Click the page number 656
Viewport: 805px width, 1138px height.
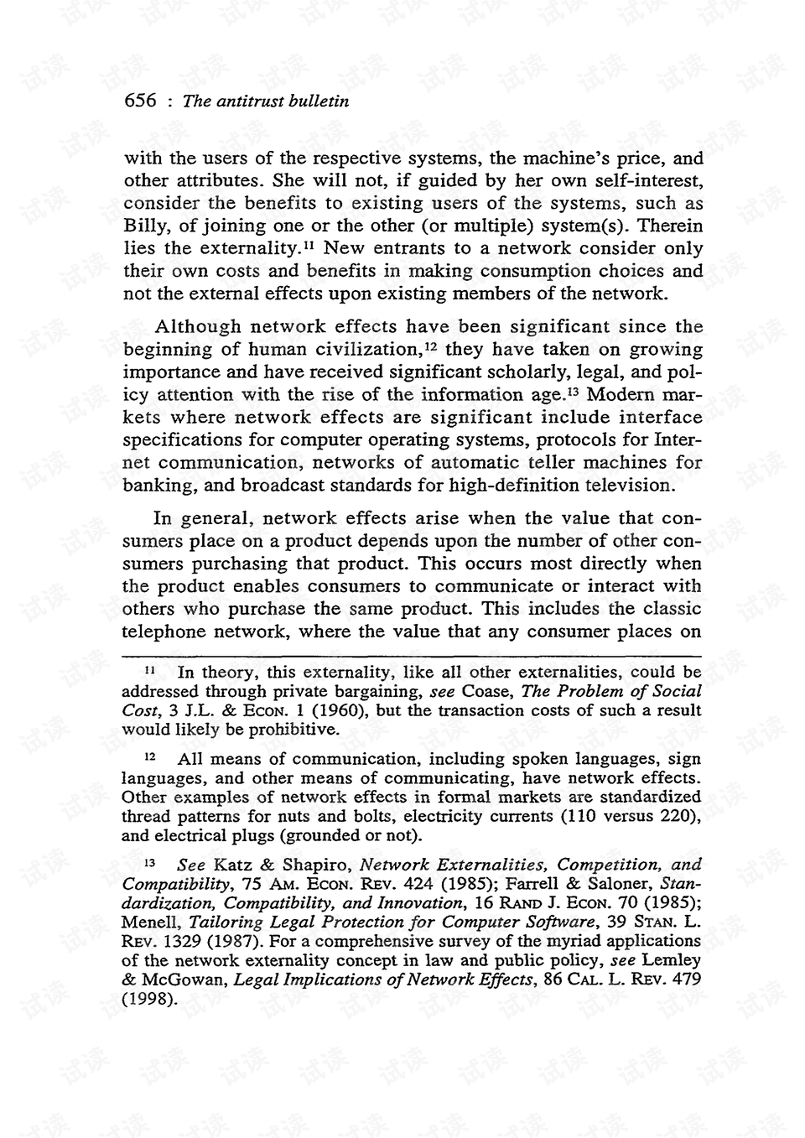click(x=140, y=101)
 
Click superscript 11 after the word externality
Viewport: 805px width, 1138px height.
click(x=309, y=245)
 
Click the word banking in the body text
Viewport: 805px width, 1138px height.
click(x=154, y=486)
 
